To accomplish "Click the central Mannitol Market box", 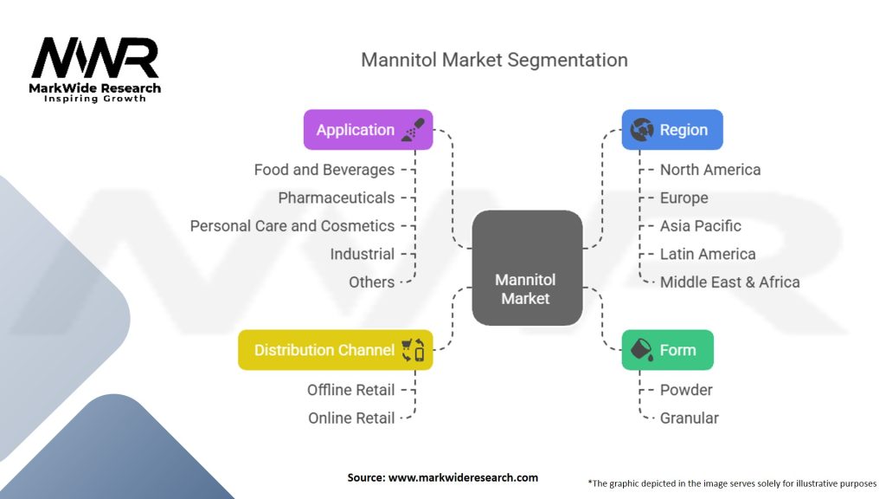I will pos(526,268).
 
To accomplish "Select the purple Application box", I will pos(368,130).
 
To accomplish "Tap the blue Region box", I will pos(672,130).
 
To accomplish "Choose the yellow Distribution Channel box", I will pos(335,350).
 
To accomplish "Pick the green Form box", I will pos(667,350).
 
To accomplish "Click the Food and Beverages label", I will pos(324,170).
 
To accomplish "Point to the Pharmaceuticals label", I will pos(336,198).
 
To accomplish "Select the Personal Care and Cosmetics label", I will pos(292,226).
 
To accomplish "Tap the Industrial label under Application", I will pos(362,254).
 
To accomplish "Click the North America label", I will pos(709,170).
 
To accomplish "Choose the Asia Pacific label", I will pos(700,226).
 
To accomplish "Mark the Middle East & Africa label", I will pos(729,282).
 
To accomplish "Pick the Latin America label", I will pos(707,254).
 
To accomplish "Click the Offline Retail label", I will pos(350,390).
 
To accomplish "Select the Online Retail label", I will pos(351,418).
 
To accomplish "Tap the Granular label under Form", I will pos(689,418).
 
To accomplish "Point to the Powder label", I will pos(686,390).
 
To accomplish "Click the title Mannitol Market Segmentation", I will pos(494,60).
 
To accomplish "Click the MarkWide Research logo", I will pos(96,70).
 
